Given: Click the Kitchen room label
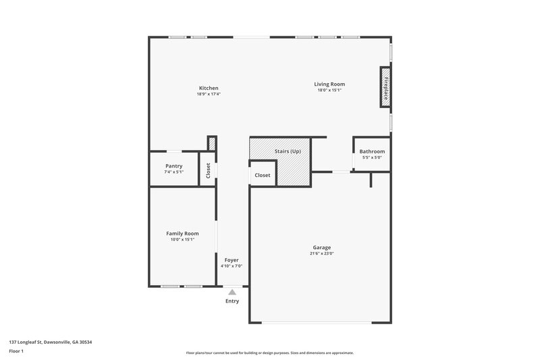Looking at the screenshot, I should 208,88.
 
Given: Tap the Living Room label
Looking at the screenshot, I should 329,84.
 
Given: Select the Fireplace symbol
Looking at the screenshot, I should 386,86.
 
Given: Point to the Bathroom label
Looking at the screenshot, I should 372,151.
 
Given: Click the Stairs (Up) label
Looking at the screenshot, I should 288,151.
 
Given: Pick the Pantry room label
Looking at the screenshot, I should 173,166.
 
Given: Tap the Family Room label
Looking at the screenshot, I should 182,234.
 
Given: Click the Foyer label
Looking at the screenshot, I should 232,260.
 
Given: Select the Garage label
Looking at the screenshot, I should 321,247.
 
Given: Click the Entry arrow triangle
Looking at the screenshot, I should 232,292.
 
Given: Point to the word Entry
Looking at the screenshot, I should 232,301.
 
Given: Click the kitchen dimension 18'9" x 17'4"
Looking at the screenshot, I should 208,95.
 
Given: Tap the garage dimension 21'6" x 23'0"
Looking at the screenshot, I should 322,253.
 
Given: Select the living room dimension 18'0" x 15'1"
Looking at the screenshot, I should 329,90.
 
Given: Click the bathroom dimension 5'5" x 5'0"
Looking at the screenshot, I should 372,157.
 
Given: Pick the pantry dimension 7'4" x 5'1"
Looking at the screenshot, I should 173,172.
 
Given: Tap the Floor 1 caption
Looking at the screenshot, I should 17,352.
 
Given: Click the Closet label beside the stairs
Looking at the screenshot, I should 263,175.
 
